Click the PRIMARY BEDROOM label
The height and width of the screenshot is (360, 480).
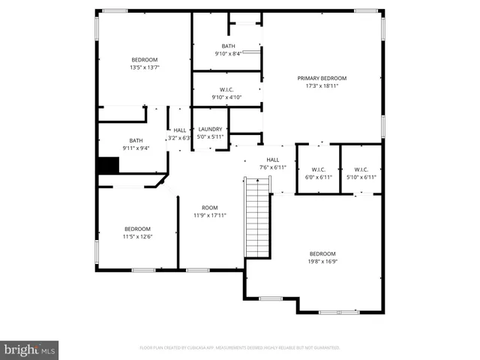point(322,79)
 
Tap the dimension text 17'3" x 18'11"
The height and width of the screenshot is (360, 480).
point(322,86)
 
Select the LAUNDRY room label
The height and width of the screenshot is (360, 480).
point(210,129)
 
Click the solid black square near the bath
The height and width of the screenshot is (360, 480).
point(109,165)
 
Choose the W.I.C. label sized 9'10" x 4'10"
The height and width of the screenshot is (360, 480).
point(226,90)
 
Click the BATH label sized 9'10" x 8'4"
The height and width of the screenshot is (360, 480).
point(227,46)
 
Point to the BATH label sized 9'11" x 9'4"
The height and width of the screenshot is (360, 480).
point(136,140)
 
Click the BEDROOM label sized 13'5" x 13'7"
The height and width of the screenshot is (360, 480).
point(145,60)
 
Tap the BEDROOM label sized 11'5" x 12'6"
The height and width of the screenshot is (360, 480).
point(137,229)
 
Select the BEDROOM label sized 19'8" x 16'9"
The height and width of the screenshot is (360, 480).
point(322,253)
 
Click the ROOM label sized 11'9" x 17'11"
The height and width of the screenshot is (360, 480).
point(209,208)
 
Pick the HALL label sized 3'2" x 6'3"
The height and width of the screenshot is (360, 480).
point(180,130)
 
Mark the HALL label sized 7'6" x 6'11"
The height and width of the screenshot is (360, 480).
point(273,159)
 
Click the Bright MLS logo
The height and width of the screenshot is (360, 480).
point(30,349)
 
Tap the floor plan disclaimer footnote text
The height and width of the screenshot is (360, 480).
point(240,348)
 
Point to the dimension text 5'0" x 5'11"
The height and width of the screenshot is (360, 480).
point(210,137)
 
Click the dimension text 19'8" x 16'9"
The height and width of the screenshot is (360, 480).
point(322,262)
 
